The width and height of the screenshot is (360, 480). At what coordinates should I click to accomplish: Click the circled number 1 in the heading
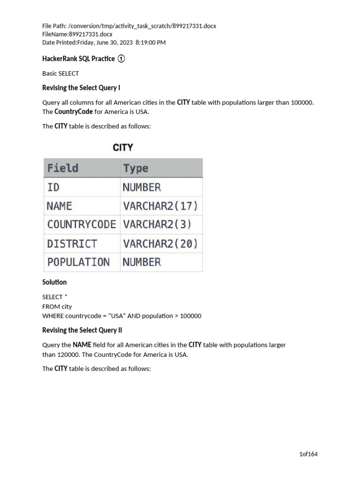pyautogui.click(x=121, y=59)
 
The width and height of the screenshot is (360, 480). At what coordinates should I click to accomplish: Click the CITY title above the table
pyautogui.click(x=123, y=148)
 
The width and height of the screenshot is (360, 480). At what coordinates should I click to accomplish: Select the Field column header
pyautogui.click(x=63, y=168)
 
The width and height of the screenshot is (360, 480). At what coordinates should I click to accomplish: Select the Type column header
pyautogui.click(x=136, y=168)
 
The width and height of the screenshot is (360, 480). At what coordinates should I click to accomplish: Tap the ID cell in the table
pyautogui.click(x=53, y=187)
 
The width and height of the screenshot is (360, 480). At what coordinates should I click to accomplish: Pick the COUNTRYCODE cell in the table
pyautogui.click(x=82, y=225)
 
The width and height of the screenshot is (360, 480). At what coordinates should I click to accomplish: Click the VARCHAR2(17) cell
pyautogui.click(x=160, y=206)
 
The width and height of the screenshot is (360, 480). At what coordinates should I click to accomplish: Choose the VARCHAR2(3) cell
pyautogui.click(x=157, y=225)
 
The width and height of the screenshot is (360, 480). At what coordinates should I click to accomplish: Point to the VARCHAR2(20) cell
pyautogui.click(x=160, y=244)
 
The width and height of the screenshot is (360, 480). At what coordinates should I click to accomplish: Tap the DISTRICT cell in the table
pyautogui.click(x=72, y=244)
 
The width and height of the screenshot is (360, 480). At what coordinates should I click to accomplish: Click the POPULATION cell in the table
pyautogui.click(x=78, y=262)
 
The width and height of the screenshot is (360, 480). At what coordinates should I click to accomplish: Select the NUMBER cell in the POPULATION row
pyautogui.click(x=142, y=262)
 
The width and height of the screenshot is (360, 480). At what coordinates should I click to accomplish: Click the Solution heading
pyautogui.click(x=54, y=282)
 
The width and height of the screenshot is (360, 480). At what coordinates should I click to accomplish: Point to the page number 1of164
pyautogui.click(x=308, y=454)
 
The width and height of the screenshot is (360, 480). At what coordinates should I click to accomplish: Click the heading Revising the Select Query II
pyautogui.click(x=82, y=330)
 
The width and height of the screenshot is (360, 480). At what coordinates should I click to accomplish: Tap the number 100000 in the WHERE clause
pyautogui.click(x=187, y=316)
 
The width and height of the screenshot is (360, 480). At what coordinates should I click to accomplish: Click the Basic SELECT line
pyautogui.click(x=60, y=74)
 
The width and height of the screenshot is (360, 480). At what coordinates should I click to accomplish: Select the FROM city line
pyautogui.click(x=57, y=307)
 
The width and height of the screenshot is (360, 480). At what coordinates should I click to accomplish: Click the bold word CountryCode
pyautogui.click(x=74, y=112)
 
